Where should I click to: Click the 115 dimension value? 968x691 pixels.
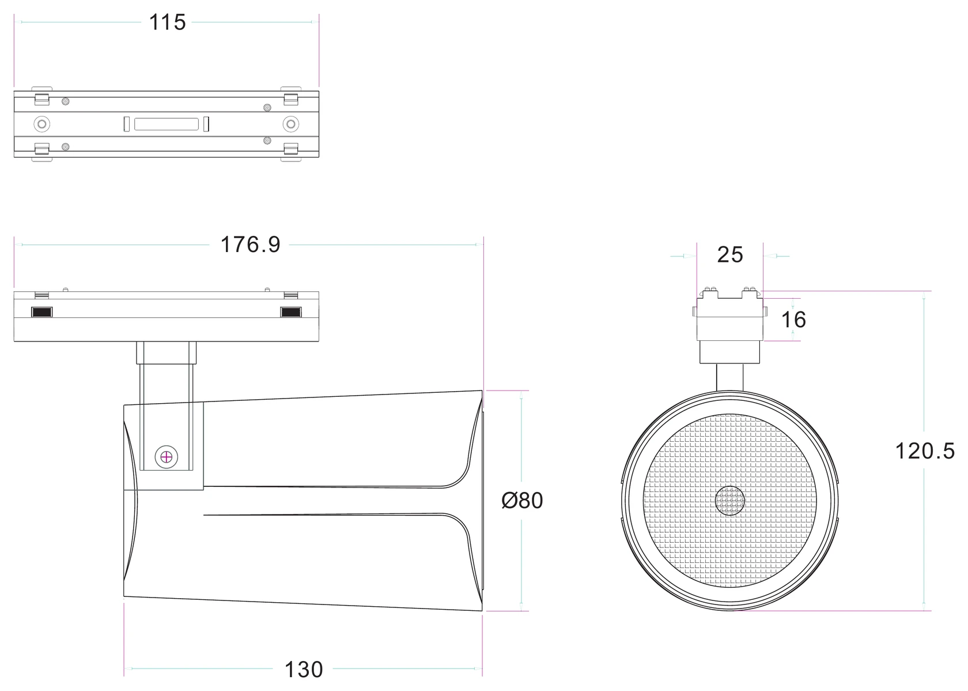pos(167,22)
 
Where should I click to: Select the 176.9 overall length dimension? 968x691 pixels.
pos(250,245)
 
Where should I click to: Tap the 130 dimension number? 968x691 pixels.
pos(303,670)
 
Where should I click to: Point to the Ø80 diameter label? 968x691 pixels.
pos(522,501)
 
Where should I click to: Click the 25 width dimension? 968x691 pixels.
pos(730,254)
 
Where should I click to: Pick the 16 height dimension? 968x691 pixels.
pos(793,320)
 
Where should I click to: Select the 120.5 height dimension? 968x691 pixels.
pos(925,451)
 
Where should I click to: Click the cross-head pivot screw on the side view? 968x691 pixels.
pos(166,457)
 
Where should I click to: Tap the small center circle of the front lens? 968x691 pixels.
pos(730,501)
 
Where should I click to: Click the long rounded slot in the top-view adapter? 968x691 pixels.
pos(167,124)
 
